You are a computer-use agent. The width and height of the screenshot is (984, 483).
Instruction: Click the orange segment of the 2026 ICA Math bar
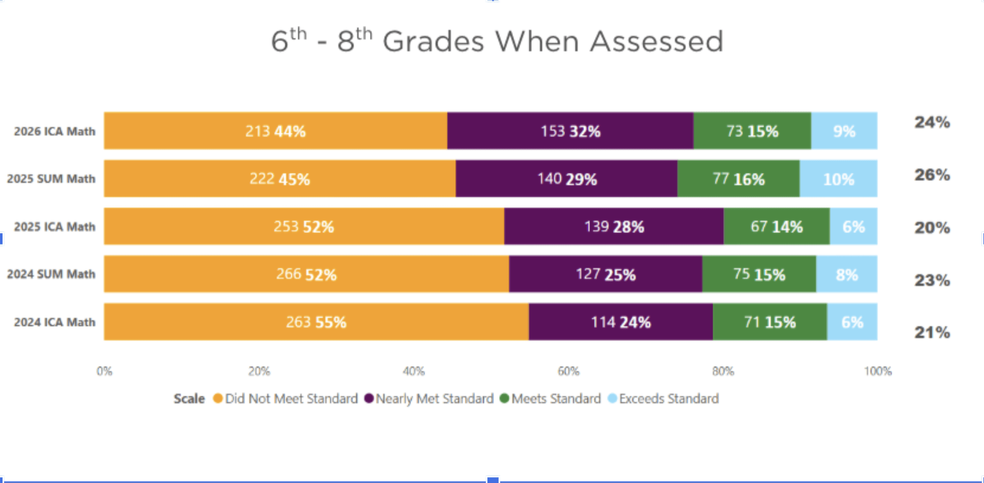click(276, 131)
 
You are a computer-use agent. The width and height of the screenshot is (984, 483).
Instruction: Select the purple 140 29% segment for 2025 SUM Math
click(567, 179)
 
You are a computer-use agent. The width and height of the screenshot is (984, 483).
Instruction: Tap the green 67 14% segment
click(776, 226)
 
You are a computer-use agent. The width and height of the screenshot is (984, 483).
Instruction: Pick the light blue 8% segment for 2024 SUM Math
click(847, 274)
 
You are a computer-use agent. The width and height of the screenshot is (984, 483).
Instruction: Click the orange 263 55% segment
click(316, 322)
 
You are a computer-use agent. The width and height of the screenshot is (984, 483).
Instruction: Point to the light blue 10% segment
click(839, 179)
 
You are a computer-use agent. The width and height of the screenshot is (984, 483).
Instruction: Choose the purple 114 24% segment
click(621, 322)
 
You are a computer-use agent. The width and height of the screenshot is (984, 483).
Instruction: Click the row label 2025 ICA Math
click(55, 227)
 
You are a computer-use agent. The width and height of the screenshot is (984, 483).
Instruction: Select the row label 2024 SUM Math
click(51, 274)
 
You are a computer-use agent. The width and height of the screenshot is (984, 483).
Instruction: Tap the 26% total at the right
click(932, 175)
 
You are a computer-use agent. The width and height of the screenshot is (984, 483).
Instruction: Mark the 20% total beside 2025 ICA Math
click(932, 228)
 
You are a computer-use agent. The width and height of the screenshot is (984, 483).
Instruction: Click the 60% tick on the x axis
click(568, 371)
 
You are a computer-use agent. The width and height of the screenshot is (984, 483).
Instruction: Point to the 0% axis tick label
click(105, 371)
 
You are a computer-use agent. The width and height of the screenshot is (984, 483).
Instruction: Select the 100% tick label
click(877, 371)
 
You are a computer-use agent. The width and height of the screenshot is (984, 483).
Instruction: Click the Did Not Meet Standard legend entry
click(291, 399)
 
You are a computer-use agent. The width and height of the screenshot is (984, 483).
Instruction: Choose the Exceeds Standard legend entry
click(669, 399)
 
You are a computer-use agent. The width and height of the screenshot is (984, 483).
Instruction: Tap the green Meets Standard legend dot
click(504, 398)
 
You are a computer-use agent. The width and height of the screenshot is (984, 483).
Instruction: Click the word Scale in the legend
click(189, 399)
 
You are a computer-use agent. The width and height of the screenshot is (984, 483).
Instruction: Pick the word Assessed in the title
click(656, 42)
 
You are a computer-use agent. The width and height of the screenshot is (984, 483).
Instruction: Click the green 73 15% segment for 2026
click(752, 131)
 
